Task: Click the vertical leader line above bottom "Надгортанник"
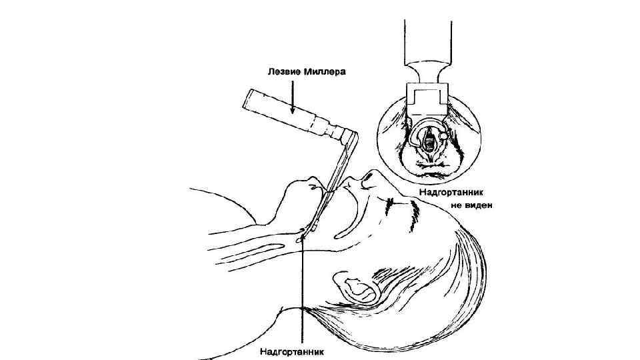point(303,287)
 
